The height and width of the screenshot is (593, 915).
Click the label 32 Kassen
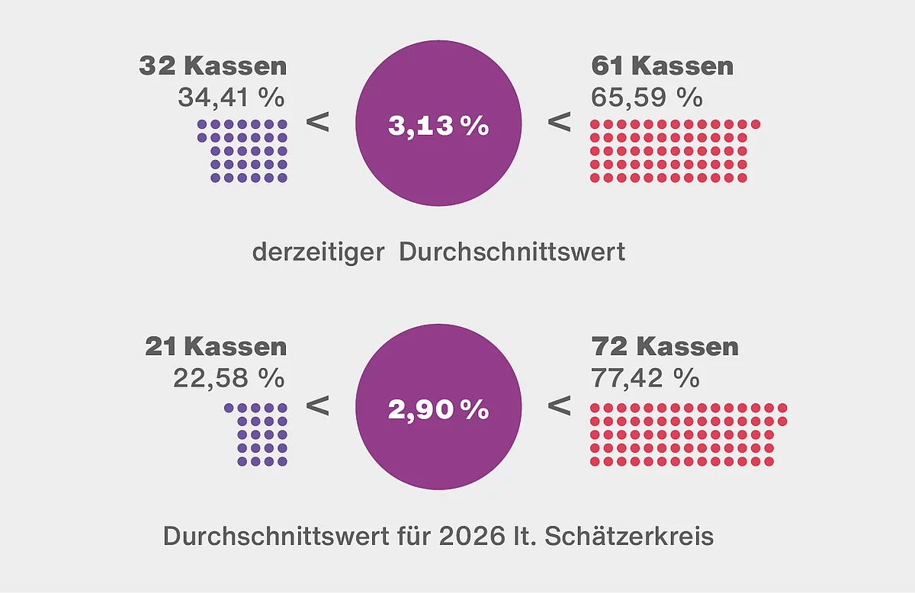click(213, 66)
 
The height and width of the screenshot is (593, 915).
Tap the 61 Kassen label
click(662, 66)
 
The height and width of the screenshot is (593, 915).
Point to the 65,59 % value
click(647, 97)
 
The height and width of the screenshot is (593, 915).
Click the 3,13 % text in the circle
click(438, 127)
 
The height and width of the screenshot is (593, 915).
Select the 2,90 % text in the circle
click(438, 409)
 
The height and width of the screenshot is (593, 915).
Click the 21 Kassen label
click(216, 347)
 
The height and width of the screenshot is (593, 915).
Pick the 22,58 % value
click(229, 377)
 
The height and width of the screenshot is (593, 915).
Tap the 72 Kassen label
click(665, 347)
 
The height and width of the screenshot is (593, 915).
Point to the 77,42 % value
click(645, 377)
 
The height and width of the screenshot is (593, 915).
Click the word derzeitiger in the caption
click(318, 252)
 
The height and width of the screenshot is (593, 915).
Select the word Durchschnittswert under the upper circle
click(512, 252)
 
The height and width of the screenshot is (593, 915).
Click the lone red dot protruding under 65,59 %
click(756, 124)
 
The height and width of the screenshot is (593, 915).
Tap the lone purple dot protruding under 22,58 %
click(229, 408)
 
